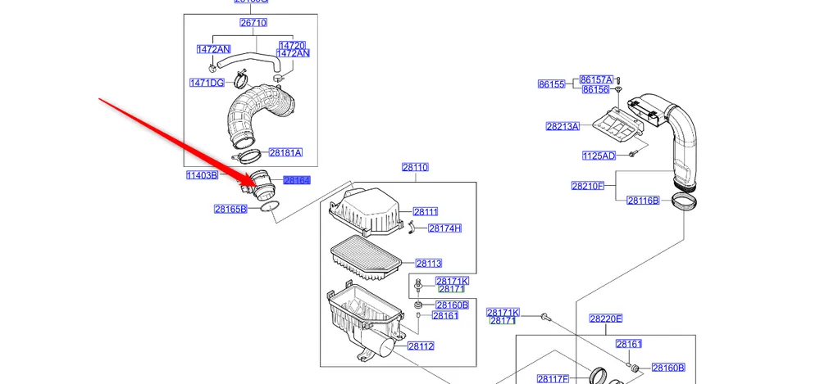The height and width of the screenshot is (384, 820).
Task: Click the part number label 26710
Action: [253, 23]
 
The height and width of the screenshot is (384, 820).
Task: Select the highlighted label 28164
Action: [296, 180]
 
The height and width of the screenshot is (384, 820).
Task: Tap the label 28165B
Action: [230, 210]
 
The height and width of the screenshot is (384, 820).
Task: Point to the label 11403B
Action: [202, 175]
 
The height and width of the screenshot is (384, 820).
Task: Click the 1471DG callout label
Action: [207, 83]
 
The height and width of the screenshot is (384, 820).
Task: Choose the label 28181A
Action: [285, 152]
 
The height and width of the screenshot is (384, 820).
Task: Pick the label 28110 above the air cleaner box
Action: [415, 167]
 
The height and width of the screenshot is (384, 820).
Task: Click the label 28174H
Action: [444, 228]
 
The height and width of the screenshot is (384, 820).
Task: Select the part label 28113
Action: [428, 264]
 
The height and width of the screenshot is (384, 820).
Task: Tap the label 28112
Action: [421, 346]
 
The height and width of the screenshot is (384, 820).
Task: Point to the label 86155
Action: [552, 84]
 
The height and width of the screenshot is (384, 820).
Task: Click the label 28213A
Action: [563, 126]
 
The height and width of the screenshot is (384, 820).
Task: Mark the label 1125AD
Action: [599, 156]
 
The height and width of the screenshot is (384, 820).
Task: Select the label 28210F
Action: [588, 186]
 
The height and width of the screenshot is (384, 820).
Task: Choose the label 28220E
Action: [605, 318]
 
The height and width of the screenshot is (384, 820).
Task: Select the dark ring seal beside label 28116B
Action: [686, 201]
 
